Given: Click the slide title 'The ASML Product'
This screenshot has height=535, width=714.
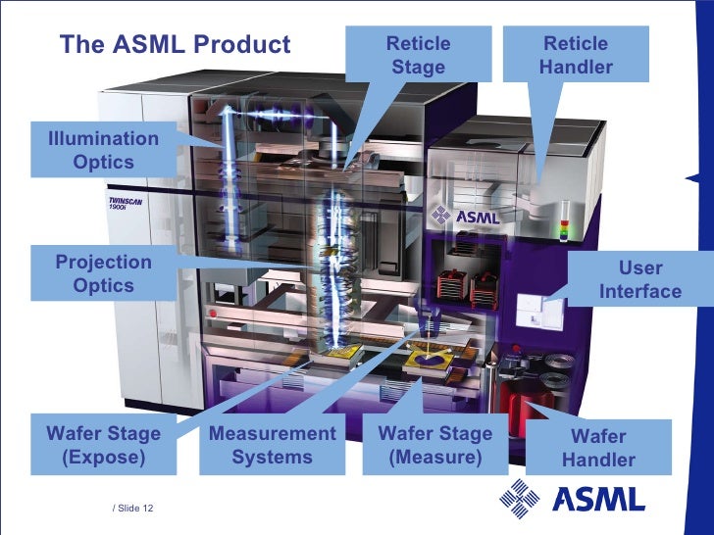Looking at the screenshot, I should tap(176, 45).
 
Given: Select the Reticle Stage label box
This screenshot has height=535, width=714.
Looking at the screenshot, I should tap(419, 56).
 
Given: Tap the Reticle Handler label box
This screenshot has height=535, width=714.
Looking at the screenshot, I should tap(576, 56).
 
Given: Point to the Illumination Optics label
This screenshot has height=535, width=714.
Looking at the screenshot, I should tap(96, 150).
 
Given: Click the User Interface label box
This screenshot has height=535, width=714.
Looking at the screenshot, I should tap(639, 279).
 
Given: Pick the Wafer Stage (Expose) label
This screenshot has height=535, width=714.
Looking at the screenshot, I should tap(104, 446).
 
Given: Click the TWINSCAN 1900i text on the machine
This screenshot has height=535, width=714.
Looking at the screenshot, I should tap(125, 206).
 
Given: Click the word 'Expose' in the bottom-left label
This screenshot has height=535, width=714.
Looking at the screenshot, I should tap(104, 458).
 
